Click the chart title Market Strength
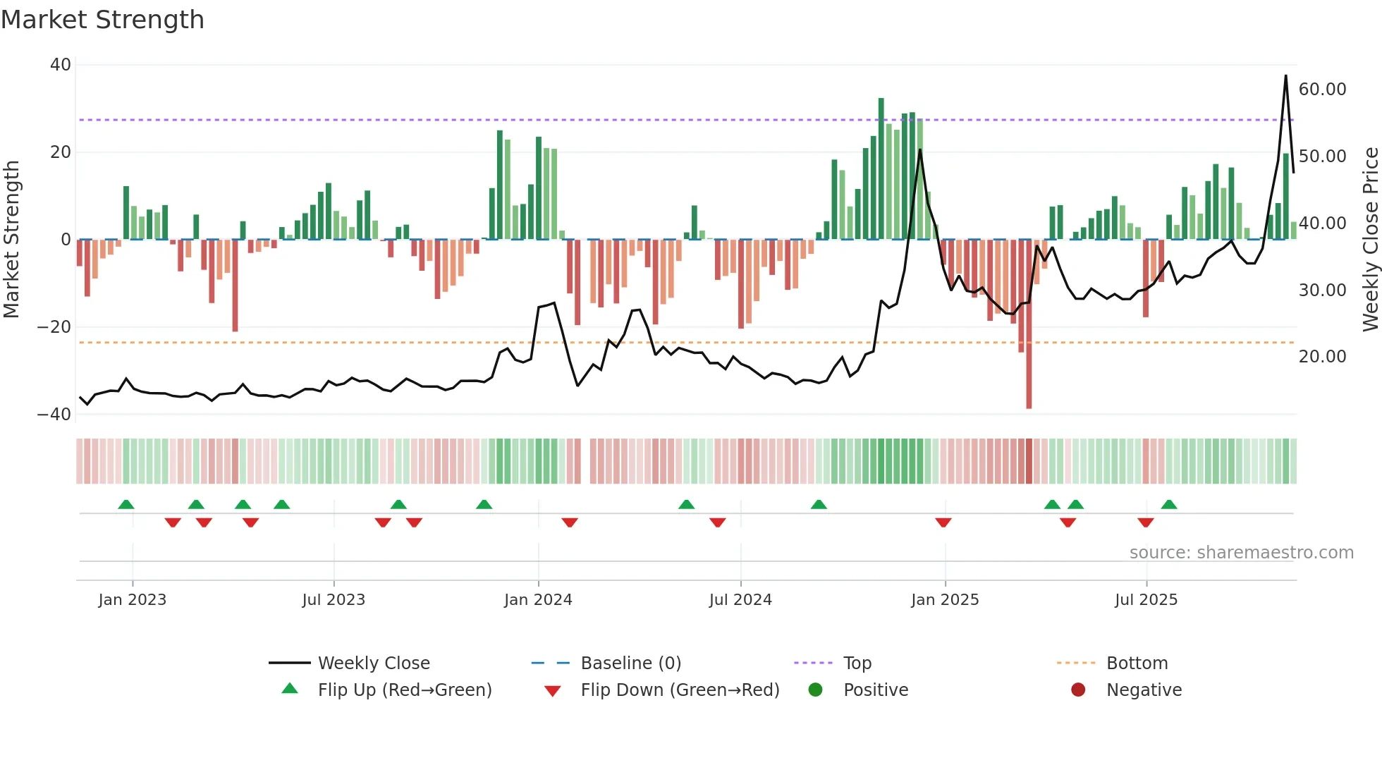tap(102, 20)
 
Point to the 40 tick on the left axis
tap(61, 65)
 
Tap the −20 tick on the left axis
tap(54, 327)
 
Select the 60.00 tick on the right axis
tap(1322, 90)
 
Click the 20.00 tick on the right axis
tap(1322, 357)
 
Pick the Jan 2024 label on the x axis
tap(538, 600)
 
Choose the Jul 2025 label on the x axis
tap(1146, 600)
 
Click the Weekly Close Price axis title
tap(1370, 240)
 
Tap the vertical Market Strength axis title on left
tap(12, 240)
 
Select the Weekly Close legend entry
tap(373, 663)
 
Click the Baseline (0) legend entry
tap(630, 663)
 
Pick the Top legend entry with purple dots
tap(857, 663)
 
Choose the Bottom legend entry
tap(1137, 663)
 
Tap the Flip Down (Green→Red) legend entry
tap(679, 690)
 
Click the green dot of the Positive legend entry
tap(816, 690)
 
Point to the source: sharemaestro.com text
tap(1241, 553)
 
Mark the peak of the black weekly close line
tap(1285, 76)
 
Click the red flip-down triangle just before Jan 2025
tap(943, 522)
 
